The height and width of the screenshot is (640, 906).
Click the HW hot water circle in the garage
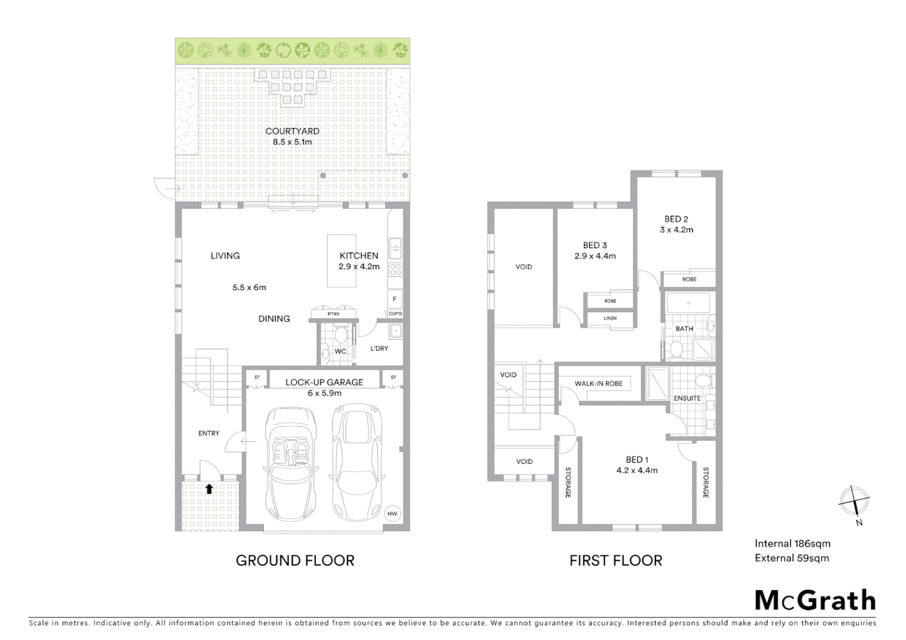point(392,513)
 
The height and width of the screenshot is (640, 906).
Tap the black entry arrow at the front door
point(209,489)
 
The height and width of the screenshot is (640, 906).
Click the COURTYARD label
point(292,131)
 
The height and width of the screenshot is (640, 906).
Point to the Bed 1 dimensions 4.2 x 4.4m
point(637,471)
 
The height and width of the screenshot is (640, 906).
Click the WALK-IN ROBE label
point(598,383)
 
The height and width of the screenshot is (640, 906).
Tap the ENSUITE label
point(687,398)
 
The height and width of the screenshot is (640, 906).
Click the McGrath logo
point(815,600)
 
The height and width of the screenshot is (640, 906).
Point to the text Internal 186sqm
point(792,543)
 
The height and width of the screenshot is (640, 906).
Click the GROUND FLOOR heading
point(295,561)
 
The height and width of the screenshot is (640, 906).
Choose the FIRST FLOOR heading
point(615,561)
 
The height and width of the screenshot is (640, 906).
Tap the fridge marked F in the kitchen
point(395,299)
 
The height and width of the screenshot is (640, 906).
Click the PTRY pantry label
point(334,314)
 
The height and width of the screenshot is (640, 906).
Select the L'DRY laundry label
point(379,348)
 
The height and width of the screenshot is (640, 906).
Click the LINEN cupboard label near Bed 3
point(610,319)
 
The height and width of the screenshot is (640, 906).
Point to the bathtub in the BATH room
point(688,303)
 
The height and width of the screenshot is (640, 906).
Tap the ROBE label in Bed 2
point(689,279)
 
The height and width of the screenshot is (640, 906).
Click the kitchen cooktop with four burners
point(395,270)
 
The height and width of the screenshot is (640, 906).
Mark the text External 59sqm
point(792,558)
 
